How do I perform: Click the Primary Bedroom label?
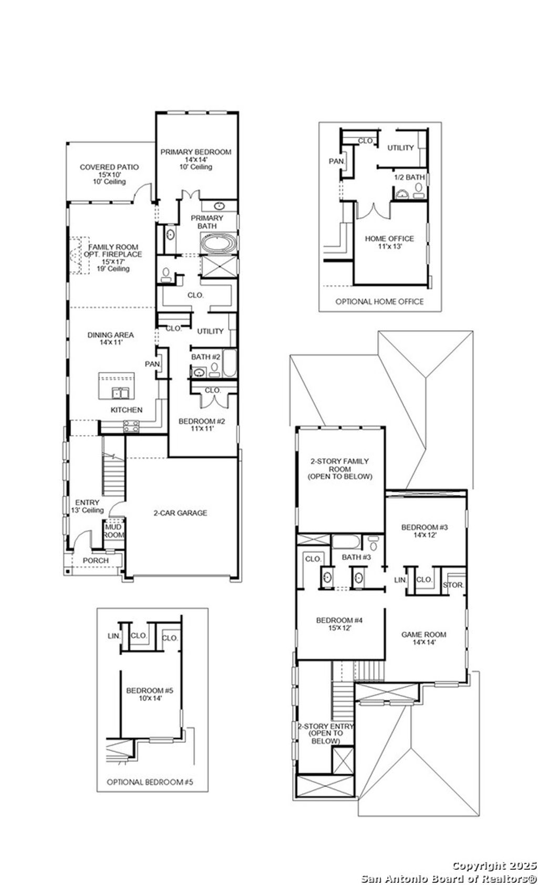pyautogui.click(x=195, y=152)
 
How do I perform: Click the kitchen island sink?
pyautogui.click(x=120, y=393)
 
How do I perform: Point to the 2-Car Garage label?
pyautogui.click(x=180, y=513)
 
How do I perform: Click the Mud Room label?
pyautogui.click(x=113, y=531)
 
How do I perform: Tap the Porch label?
pyautogui.click(x=96, y=560)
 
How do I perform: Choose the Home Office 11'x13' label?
pyautogui.click(x=389, y=239)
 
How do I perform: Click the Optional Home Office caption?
pyautogui.click(x=379, y=301)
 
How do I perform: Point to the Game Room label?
pyautogui.click(x=419, y=635)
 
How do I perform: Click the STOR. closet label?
pyautogui.click(x=453, y=585)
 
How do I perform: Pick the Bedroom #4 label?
pyautogui.click(x=339, y=620)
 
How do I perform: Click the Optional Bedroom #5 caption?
pyautogui.click(x=150, y=782)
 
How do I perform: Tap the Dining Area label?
pyautogui.click(x=110, y=335)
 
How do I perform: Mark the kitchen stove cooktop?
pyautogui.click(x=131, y=426)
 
